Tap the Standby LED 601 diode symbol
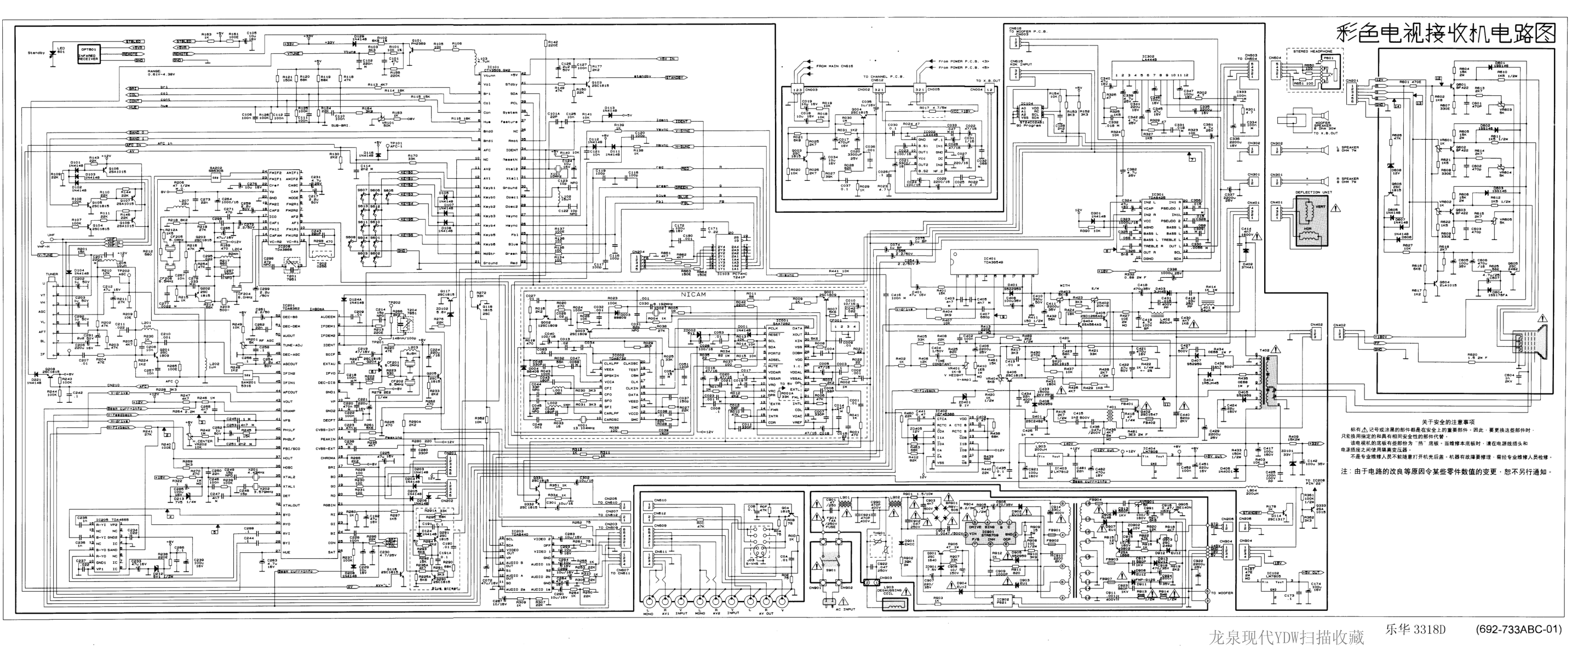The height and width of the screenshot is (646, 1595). click(53, 53)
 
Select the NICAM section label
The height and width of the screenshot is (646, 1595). click(693, 295)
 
